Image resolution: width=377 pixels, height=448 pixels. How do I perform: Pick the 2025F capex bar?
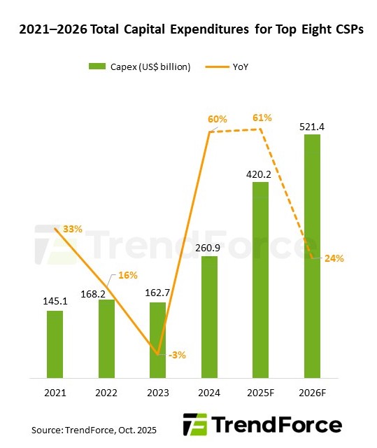point(261,280)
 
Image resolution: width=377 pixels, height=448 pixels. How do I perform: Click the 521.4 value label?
point(313,126)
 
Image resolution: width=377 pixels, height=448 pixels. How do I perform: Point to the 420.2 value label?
point(261,173)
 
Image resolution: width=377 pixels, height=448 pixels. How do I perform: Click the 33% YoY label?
point(73,229)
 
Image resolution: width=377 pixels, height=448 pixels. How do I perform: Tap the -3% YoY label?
point(177,355)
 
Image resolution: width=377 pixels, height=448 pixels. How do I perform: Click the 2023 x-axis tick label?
point(157,393)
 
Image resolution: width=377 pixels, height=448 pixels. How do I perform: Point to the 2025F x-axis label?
point(261,393)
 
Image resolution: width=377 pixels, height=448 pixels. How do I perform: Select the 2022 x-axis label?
point(106,393)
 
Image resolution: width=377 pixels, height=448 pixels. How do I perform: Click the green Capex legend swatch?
point(97,66)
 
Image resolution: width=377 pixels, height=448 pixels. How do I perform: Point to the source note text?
point(94,429)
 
